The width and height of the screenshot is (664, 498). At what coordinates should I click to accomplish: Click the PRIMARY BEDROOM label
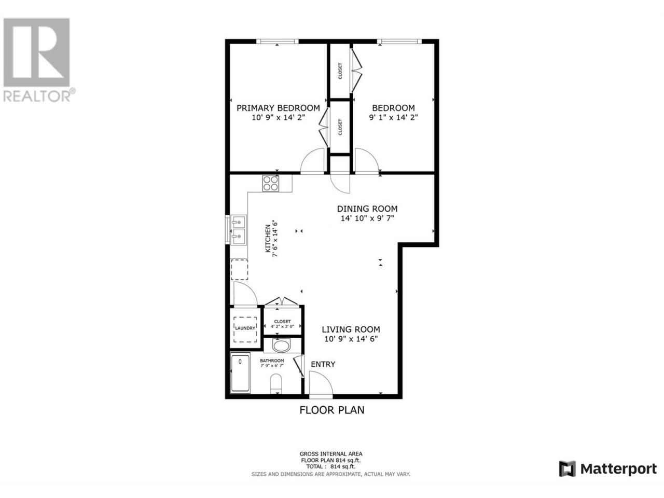click(x=278, y=108)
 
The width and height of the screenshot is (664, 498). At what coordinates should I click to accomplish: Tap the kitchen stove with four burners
click(x=270, y=183)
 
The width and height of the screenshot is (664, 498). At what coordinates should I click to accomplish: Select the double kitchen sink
click(x=239, y=230)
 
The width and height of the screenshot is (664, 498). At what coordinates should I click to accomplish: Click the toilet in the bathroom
click(x=275, y=384)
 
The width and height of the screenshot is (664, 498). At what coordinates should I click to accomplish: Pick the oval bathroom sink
click(x=281, y=345)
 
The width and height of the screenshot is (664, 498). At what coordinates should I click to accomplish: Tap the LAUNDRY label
click(x=245, y=328)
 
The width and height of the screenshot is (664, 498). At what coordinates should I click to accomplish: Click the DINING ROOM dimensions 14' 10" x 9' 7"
click(x=367, y=218)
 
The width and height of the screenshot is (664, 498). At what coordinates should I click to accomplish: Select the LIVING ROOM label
click(x=351, y=329)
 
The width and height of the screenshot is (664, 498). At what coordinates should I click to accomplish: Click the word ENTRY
click(x=323, y=364)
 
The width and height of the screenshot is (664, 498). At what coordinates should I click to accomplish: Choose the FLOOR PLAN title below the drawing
click(x=332, y=410)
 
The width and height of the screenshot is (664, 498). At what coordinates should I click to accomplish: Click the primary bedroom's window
click(x=278, y=41)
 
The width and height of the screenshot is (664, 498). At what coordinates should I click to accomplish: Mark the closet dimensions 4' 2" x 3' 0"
click(x=282, y=327)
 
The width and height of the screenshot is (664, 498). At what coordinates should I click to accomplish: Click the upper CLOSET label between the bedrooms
click(x=340, y=71)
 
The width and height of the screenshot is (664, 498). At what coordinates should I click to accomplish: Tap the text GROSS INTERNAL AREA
click(x=331, y=453)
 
